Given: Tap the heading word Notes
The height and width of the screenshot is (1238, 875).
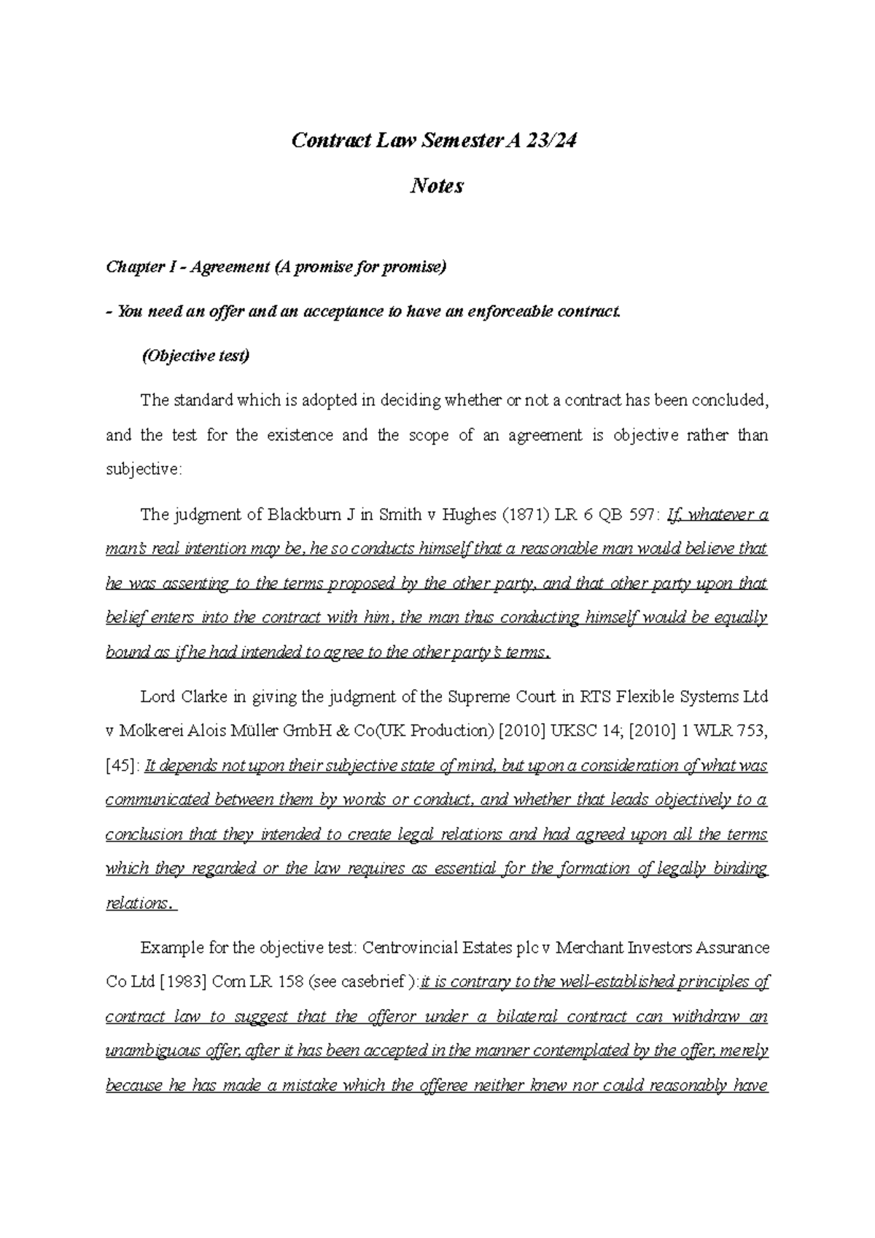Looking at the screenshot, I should coord(437,187).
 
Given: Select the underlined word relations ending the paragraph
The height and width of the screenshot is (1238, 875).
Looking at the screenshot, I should coord(136,903).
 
